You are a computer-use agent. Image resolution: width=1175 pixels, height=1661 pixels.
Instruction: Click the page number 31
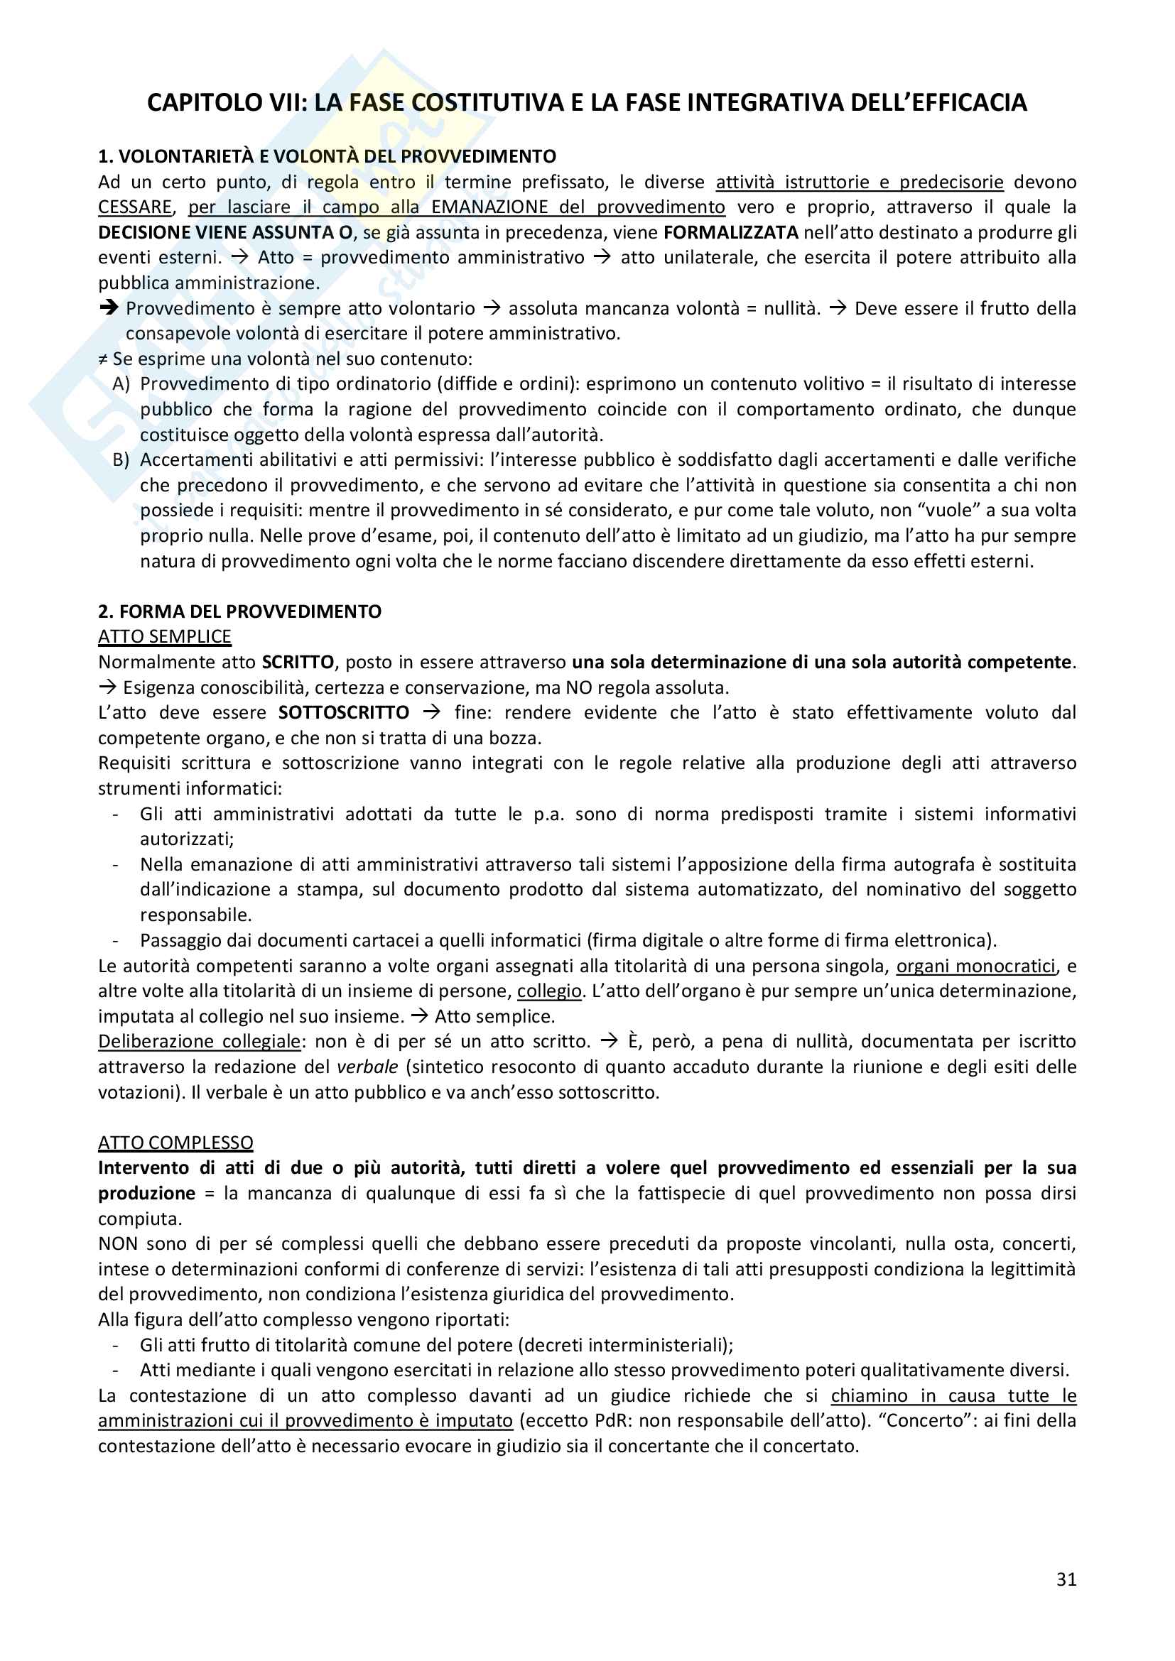(1066, 1579)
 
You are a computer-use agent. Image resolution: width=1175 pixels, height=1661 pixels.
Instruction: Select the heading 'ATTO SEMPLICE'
(165, 636)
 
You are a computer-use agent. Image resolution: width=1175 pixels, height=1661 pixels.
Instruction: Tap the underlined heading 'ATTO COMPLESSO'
(175, 1143)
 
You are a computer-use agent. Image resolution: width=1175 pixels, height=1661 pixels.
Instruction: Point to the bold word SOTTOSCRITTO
(344, 712)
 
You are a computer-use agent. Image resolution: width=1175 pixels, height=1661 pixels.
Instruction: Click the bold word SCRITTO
(298, 662)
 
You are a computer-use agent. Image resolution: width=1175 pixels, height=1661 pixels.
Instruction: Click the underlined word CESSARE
(135, 207)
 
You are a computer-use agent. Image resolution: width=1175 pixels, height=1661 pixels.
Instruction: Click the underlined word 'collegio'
(549, 991)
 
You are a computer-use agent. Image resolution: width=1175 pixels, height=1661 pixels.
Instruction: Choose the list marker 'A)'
(121, 383)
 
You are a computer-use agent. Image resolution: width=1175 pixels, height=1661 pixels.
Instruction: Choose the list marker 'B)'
(121, 459)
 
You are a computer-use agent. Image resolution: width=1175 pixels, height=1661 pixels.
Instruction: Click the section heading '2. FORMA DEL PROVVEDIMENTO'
(239, 611)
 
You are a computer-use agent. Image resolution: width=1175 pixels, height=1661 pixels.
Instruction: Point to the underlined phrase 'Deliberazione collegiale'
(199, 1041)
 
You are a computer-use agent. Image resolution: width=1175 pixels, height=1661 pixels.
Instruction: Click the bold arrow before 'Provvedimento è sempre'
(109, 308)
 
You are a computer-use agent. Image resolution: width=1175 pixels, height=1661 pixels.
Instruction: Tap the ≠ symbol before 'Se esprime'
(103, 359)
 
